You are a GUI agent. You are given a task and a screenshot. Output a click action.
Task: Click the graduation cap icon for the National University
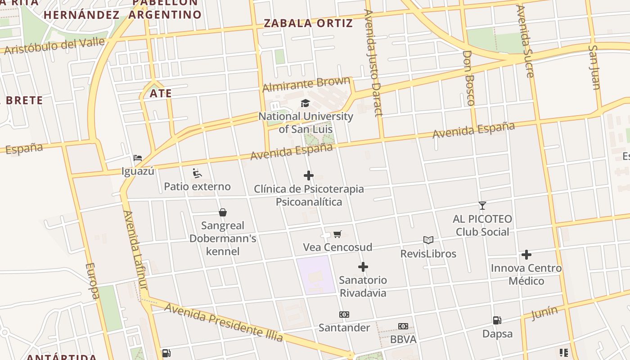pyautogui.click(x=306, y=103)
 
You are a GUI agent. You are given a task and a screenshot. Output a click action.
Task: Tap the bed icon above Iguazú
pyautogui.click(x=138, y=158)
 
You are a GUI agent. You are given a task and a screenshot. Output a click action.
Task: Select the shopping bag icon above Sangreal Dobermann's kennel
pyautogui.click(x=222, y=212)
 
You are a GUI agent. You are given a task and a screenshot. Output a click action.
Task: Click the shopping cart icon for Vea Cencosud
pyautogui.click(x=337, y=234)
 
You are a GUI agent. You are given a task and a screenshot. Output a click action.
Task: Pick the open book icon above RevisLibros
pyautogui.click(x=428, y=240)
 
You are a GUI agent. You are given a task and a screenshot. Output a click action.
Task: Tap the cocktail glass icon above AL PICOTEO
pyautogui.click(x=482, y=206)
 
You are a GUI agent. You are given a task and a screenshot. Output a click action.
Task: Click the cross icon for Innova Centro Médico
pyautogui.click(x=526, y=255)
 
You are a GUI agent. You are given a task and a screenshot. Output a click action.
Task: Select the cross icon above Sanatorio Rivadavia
pyautogui.click(x=363, y=267)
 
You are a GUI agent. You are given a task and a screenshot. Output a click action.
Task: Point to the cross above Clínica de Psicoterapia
pyautogui.click(x=309, y=175)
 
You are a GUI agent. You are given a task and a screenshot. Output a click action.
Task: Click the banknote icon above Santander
pyautogui.click(x=344, y=315)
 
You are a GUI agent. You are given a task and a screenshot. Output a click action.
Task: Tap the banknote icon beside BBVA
pyautogui.click(x=403, y=326)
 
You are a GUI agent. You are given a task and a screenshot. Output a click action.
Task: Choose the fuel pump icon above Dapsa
pyautogui.click(x=497, y=320)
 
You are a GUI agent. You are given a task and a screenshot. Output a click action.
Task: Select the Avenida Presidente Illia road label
pyautogui.click(x=224, y=322)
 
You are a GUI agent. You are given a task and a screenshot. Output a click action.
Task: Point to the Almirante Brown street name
pyautogui.click(x=306, y=84)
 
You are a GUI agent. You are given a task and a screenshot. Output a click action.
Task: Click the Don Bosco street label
pyautogui.click(x=468, y=78)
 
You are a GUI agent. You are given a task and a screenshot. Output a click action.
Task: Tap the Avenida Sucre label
pyautogui.click(x=525, y=41)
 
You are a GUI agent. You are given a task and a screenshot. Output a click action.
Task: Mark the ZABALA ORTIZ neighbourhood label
pyautogui.click(x=308, y=23)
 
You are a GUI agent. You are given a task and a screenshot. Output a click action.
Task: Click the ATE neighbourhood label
pyautogui.click(x=161, y=94)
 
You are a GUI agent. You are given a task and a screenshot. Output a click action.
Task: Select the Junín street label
pyautogui.click(x=544, y=312)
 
